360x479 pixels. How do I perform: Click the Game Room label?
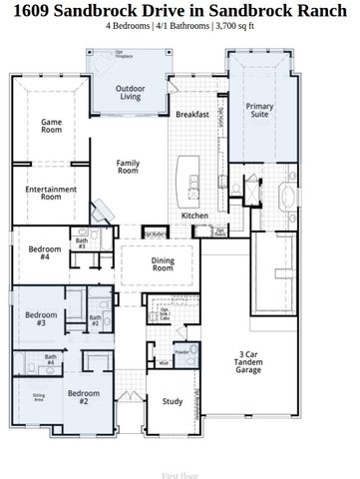pos(51,127)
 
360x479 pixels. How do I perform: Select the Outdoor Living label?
pos(138,93)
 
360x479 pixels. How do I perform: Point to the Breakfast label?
pos(192,115)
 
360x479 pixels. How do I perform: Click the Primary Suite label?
pos(260,111)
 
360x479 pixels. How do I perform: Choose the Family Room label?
pos(128,167)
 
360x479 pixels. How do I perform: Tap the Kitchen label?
pos(194,216)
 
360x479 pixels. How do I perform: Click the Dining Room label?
pos(163,263)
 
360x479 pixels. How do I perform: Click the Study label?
pos(173,401)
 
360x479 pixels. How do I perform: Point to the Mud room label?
pos(163,363)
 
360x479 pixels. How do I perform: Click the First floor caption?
pos(180,475)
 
